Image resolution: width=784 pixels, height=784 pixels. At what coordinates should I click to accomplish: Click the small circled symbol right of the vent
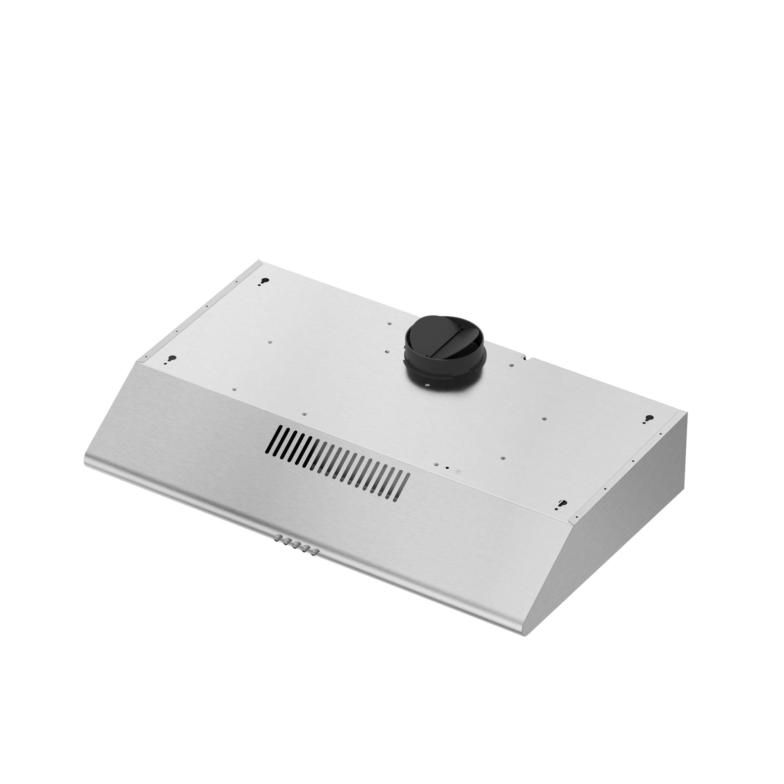tap(458, 472)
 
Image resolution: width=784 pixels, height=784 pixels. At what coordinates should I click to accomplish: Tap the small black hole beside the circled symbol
tap(446, 468)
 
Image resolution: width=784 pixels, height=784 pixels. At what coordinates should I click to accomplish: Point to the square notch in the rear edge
tap(526, 358)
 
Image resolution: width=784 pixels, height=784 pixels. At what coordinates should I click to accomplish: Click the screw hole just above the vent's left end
tap(304, 414)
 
